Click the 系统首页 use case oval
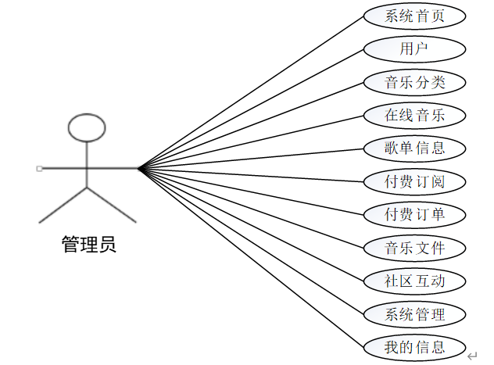(415, 16)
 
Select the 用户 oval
(415, 48)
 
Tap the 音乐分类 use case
(415, 82)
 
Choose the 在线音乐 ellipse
(415, 115)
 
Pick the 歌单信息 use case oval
(415, 148)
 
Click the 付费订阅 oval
(415, 181)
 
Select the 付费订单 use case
(415, 214)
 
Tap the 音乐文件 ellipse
(415, 248)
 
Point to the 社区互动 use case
(415, 281)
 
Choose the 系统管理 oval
(415, 314)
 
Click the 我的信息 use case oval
(415, 347)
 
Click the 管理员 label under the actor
(88, 245)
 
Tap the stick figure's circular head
(87, 127)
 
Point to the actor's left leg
(63, 205)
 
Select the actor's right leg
(111, 205)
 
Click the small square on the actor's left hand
(39, 168)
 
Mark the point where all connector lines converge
(138, 168)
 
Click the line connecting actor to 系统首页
(250, 92)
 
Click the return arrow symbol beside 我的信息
(472, 356)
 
